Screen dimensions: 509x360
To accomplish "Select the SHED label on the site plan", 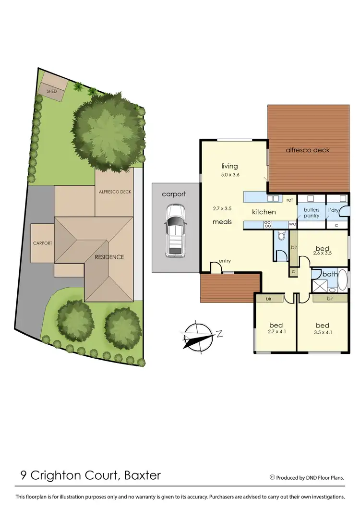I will click(51, 91).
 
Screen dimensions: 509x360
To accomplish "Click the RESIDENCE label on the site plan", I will click(109, 257).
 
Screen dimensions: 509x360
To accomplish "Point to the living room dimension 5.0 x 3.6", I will click(229, 175).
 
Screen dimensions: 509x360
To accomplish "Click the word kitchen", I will click(264, 212).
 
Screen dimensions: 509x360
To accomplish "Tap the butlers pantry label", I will click(311, 213).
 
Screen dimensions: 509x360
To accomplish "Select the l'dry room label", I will click(334, 210).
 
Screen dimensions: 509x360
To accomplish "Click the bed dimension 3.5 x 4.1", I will click(323, 331).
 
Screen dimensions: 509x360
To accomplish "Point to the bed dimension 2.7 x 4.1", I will click(276, 331).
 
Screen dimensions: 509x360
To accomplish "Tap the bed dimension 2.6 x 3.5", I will click(322, 252).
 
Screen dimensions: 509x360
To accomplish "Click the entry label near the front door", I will click(225, 261).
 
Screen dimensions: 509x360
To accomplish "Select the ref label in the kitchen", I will click(289, 199).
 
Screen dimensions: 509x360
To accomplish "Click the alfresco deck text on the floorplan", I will click(308, 150).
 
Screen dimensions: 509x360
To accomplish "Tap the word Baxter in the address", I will click(143, 476).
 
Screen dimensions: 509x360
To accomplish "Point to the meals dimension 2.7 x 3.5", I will click(222, 209).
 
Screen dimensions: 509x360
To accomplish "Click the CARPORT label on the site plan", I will click(42, 243).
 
